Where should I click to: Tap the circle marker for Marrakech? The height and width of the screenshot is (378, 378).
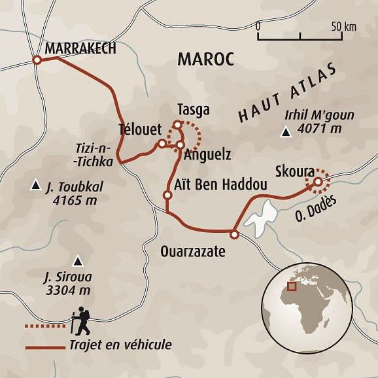coord(37,60)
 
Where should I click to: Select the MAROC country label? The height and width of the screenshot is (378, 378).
coord(205,60)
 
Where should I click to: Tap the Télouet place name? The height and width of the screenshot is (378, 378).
coord(139,128)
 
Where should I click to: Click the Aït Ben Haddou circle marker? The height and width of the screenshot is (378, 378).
coord(167,195)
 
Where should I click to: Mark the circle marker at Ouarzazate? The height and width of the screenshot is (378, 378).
coord(234,233)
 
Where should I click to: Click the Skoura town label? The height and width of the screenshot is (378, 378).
coord(296,167)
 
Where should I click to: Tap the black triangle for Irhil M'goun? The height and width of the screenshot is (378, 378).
coord(285,134)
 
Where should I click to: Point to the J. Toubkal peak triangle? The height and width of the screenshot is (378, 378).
coord(35,187)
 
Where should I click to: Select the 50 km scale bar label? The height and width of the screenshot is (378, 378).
coord(343,26)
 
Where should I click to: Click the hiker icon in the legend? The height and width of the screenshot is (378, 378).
coord(82,320)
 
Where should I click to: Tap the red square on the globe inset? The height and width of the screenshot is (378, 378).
coord(292,286)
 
